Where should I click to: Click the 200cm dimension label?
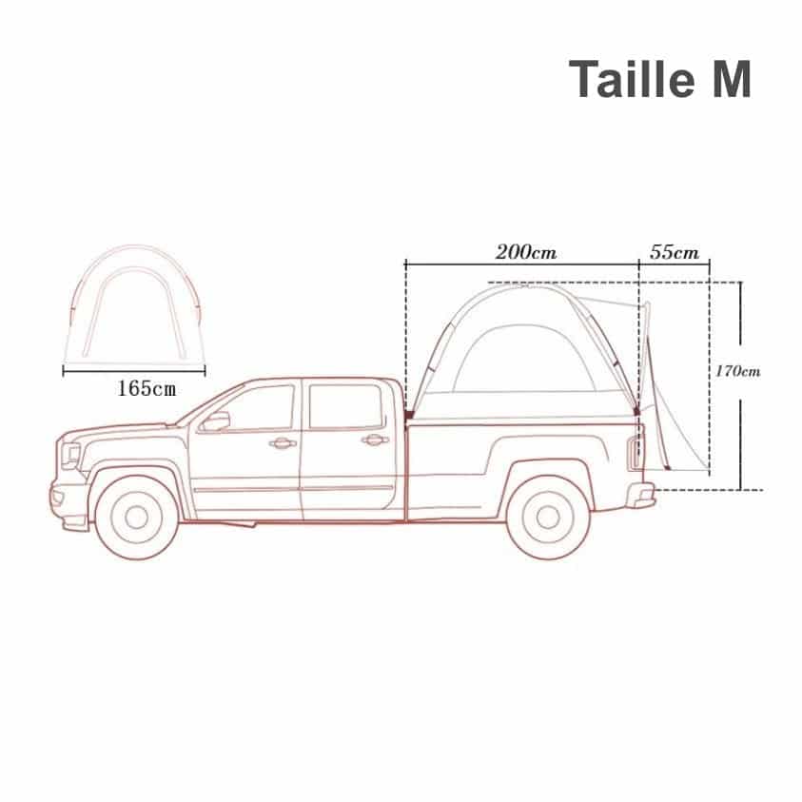[x=526, y=252]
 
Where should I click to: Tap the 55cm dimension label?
[x=675, y=252]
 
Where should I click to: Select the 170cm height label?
[x=737, y=371]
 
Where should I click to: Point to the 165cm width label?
[x=147, y=389]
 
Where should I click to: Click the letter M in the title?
[x=733, y=79]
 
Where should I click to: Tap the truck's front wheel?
[x=137, y=518]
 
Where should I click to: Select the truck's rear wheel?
[x=548, y=518]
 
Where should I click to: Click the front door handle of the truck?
[x=283, y=443]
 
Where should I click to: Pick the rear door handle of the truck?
[x=375, y=440]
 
